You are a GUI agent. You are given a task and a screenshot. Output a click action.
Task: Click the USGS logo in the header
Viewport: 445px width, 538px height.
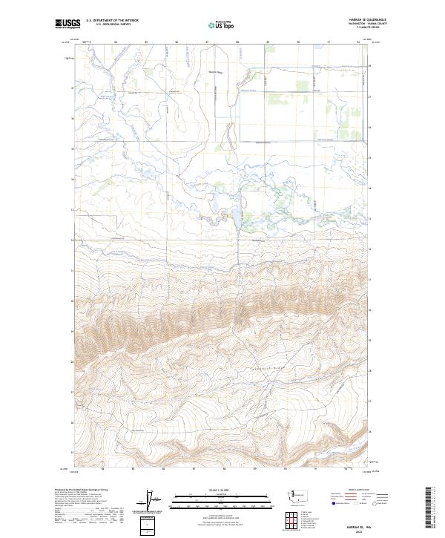[67, 24]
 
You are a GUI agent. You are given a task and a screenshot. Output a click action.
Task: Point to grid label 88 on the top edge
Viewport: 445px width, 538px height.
[237, 42]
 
